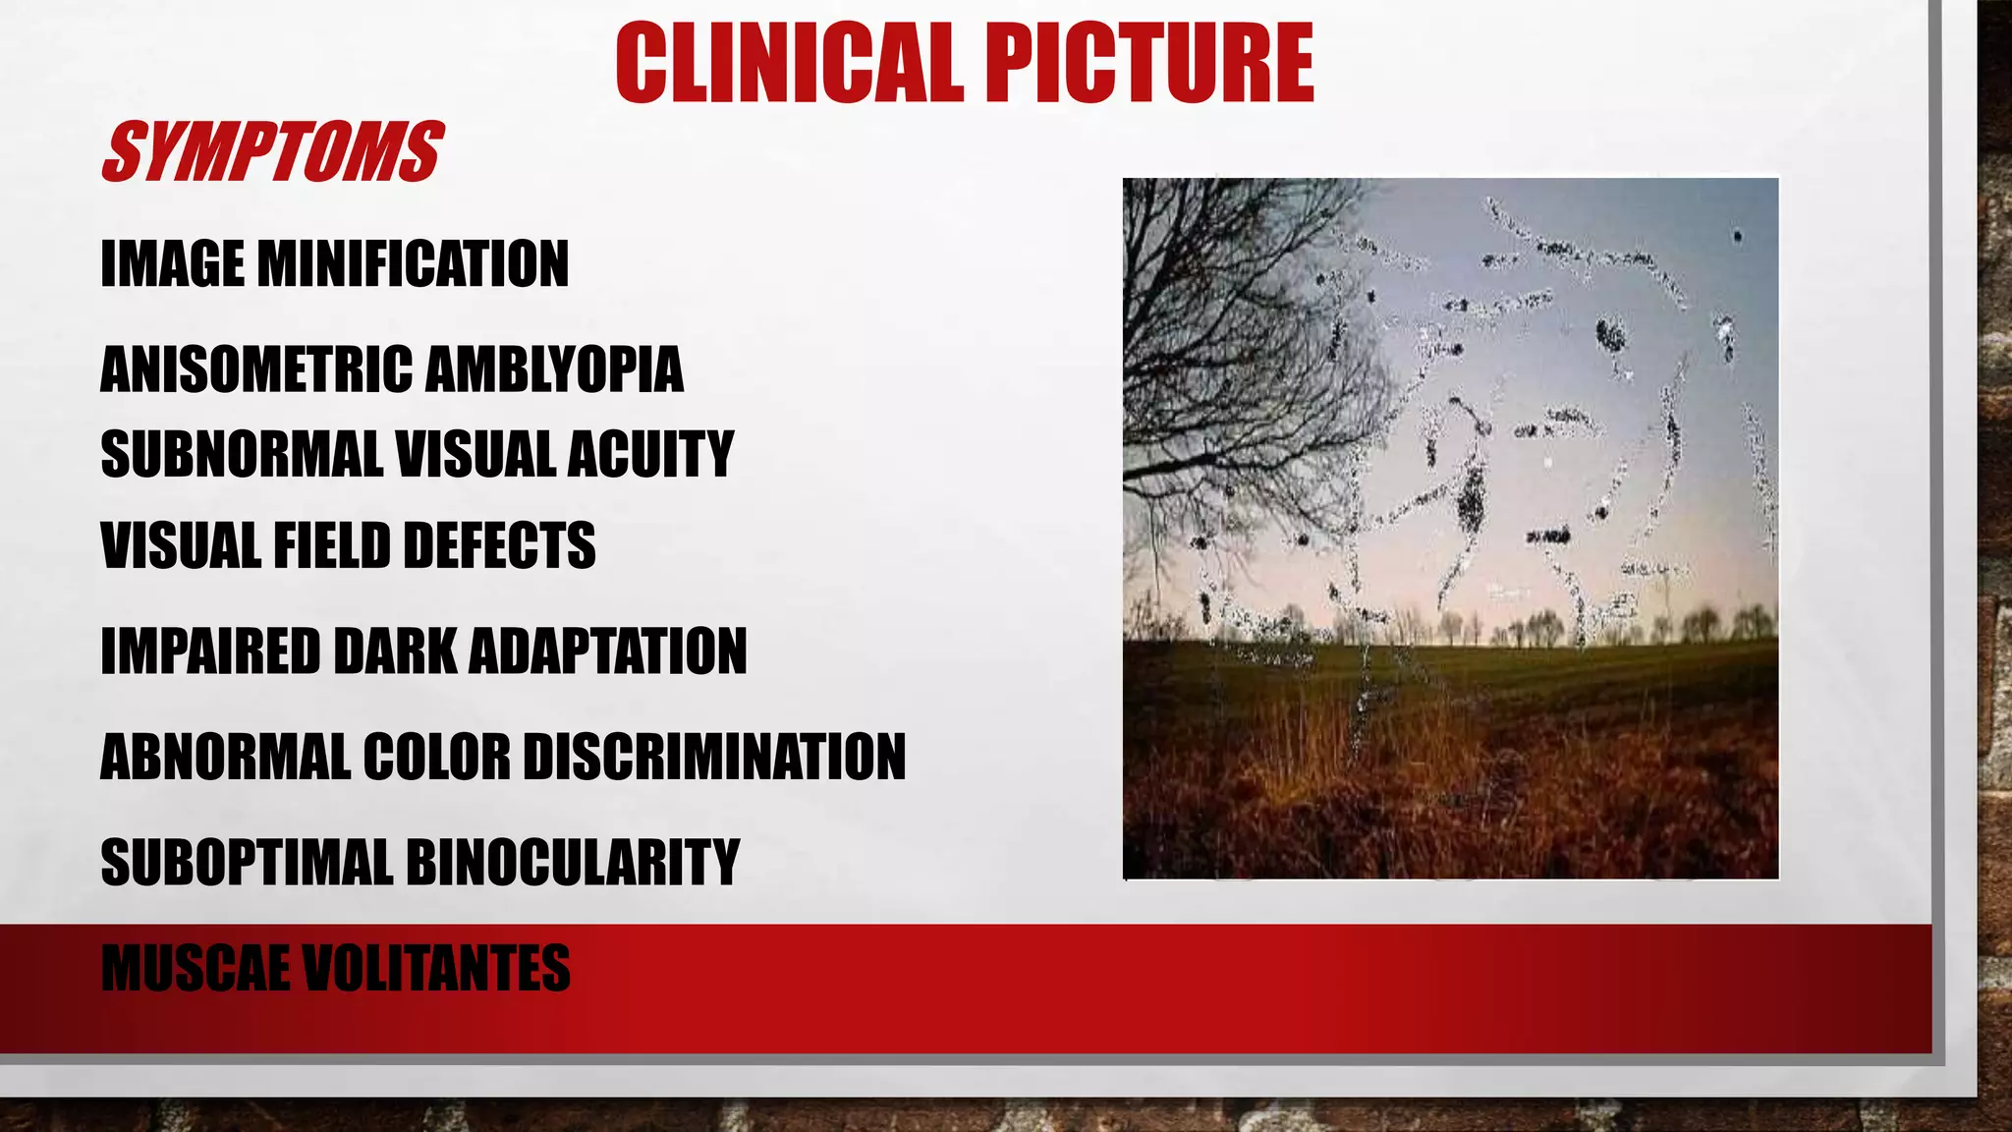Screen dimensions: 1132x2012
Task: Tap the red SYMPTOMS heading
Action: tap(272, 152)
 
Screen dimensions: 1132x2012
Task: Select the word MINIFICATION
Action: tap(412, 264)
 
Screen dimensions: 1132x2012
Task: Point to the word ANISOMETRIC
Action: tap(256, 369)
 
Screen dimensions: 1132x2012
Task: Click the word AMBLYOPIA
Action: tap(554, 369)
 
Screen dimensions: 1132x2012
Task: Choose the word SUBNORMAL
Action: tap(241, 454)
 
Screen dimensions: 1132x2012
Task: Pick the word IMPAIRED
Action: tap(210, 651)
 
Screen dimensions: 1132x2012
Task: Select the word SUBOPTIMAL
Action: tap(247, 863)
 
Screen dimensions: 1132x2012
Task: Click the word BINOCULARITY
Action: tap(572, 863)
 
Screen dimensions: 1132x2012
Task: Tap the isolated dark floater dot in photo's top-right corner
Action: tap(1737, 236)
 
